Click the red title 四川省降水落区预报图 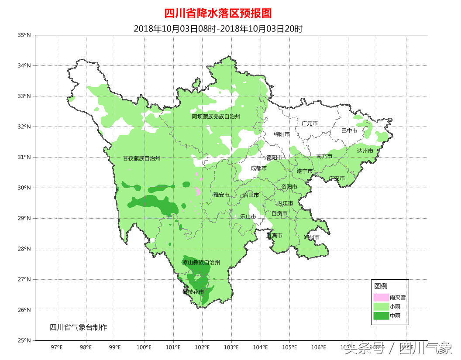(218, 14)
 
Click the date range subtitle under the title (218, 29)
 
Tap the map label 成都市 (258, 168)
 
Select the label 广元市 (310, 123)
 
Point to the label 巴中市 (349, 130)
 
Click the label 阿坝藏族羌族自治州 (216, 117)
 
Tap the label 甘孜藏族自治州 (141, 158)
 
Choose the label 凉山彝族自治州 (201, 263)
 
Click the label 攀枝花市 (193, 291)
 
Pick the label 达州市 (365, 151)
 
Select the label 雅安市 (221, 195)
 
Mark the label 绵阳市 (282, 134)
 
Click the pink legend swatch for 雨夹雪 (381, 297)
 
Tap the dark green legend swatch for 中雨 (381, 315)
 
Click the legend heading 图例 (381, 286)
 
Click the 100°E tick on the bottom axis (144, 347)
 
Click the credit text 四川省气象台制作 (78, 327)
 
